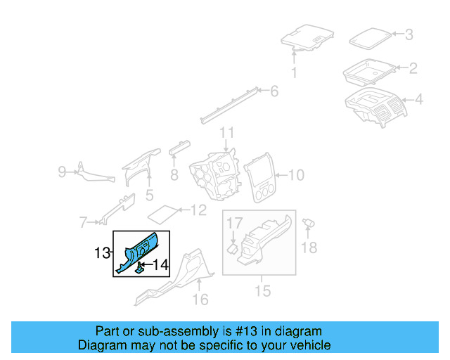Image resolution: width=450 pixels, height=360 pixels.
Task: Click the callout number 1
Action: [x=294, y=72]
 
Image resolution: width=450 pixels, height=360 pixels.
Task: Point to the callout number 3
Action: [x=409, y=34]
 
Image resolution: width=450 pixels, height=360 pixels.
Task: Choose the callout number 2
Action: [x=413, y=68]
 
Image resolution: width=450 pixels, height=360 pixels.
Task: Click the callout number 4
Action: [x=418, y=101]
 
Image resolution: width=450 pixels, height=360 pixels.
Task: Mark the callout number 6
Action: [x=274, y=91]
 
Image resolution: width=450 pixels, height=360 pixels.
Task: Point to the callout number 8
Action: [x=174, y=176]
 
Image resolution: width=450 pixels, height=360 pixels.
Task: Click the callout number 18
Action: [x=309, y=247]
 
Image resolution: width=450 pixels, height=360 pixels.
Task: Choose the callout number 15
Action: [x=262, y=290]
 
